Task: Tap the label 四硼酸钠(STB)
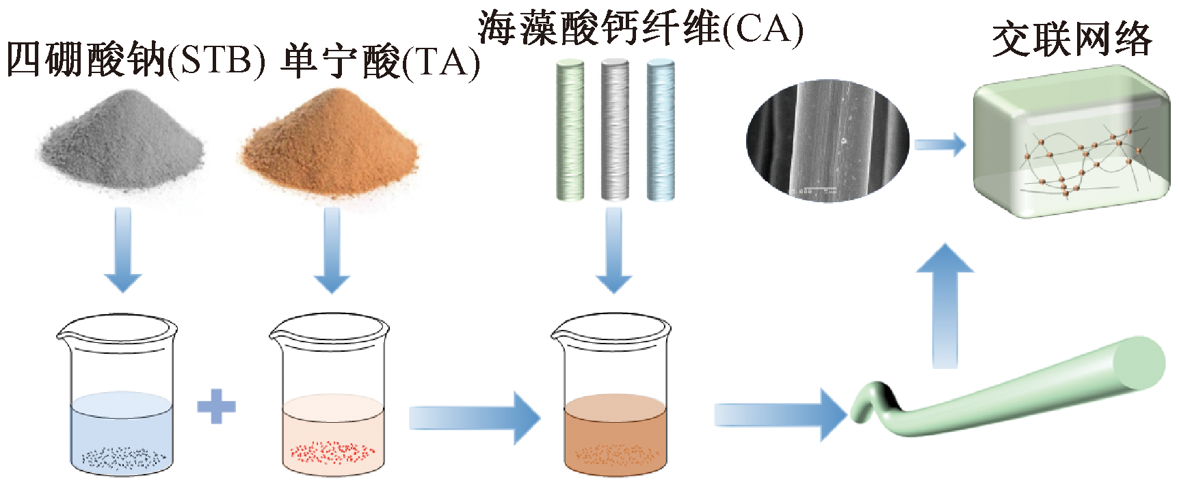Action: (x=135, y=60)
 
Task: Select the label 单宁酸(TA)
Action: (x=380, y=62)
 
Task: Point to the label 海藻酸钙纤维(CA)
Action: (x=640, y=29)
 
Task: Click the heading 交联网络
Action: (x=1072, y=39)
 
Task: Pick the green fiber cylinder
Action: (x=570, y=130)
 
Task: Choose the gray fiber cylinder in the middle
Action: (x=614, y=130)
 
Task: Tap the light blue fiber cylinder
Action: (x=661, y=130)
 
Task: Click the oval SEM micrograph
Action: (x=827, y=141)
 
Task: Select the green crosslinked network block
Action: (x=1070, y=143)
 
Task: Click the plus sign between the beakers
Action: (x=216, y=407)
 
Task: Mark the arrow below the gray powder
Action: (x=123, y=250)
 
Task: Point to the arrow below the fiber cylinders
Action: (x=614, y=250)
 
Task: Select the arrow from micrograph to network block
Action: (x=940, y=145)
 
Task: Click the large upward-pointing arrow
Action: (x=944, y=307)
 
